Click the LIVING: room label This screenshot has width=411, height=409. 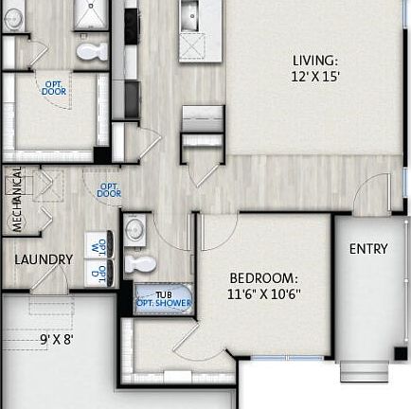tap(315, 61)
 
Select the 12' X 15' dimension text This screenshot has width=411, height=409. tap(315, 78)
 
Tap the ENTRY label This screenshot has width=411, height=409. tap(368, 249)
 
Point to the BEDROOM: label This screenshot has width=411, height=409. tap(264, 278)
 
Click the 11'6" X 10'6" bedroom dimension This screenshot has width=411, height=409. tap(265, 294)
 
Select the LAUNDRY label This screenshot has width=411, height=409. tap(44, 259)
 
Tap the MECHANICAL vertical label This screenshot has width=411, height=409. tap(16, 202)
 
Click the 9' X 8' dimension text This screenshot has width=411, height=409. tap(57, 338)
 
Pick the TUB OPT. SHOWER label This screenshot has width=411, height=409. tap(164, 300)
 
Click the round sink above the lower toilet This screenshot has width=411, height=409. tap(135, 228)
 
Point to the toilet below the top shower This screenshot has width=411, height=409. tap(92, 51)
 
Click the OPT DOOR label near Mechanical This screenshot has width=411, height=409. tap(109, 189)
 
